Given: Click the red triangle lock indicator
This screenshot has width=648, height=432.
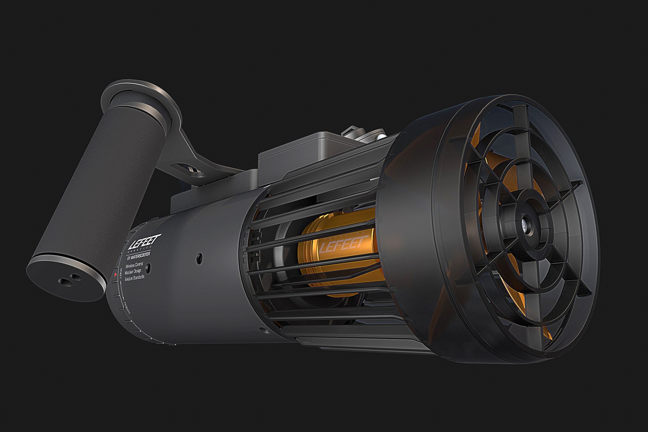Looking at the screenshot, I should (116, 275).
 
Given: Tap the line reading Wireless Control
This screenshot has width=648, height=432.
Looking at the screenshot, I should (135, 264).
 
